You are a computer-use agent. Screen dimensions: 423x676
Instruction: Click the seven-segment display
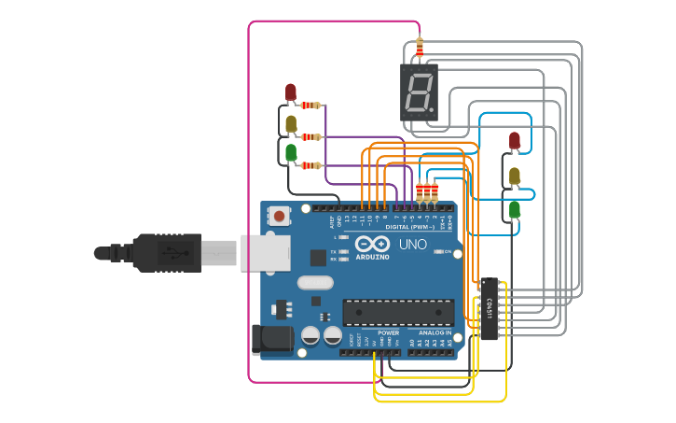pyautogui.click(x=420, y=92)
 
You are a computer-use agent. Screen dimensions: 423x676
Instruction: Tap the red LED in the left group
pyautogui.click(x=291, y=92)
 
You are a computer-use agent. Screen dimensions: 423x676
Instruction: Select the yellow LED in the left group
pyautogui.click(x=291, y=122)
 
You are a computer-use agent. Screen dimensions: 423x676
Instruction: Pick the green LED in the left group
pyautogui.click(x=291, y=151)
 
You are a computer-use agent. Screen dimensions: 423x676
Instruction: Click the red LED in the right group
pyautogui.click(x=515, y=141)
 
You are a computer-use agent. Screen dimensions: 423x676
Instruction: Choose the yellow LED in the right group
pyautogui.click(x=515, y=175)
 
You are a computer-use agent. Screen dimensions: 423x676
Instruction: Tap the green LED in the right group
pyautogui.click(x=515, y=210)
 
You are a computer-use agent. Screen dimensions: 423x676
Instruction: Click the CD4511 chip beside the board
pyautogui.click(x=490, y=308)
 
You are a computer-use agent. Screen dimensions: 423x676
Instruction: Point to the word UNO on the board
pyautogui.click(x=413, y=245)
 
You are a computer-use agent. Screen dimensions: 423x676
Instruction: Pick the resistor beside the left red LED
pyautogui.click(x=311, y=106)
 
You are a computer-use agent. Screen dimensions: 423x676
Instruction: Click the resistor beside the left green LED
pyautogui.click(x=311, y=165)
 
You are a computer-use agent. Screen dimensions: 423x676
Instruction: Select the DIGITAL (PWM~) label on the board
pyautogui.click(x=409, y=227)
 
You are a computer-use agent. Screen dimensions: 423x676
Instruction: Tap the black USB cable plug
pyautogui.click(x=154, y=252)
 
